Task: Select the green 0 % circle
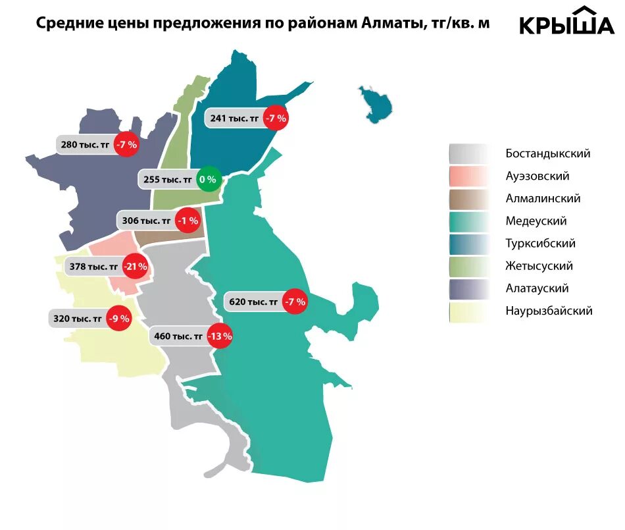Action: [208, 179]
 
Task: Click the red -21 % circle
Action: [136, 267]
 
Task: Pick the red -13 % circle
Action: [219, 336]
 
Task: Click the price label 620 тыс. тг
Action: [254, 302]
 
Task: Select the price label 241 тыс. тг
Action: [234, 119]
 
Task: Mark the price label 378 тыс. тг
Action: [94, 267]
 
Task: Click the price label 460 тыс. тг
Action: [178, 336]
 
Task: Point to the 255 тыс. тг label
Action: [168, 179]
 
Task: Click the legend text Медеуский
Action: [536, 221]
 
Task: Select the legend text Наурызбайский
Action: [549, 311]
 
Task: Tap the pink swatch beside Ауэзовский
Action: [469, 176]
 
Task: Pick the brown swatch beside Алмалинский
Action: [469, 199]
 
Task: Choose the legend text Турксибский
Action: [541, 244]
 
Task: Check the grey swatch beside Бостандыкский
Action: [469, 154]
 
